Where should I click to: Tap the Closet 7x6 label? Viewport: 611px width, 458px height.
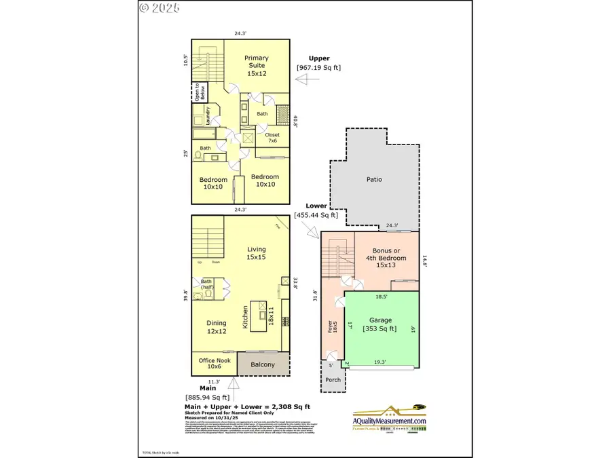click(x=272, y=138)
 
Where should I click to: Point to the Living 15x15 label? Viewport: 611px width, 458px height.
click(x=256, y=253)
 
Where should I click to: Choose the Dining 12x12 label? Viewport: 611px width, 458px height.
click(x=216, y=328)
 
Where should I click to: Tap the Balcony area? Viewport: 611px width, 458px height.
click(x=263, y=364)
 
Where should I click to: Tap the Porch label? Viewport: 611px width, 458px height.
click(x=332, y=380)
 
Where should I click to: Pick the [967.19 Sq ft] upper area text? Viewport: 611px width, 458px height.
click(x=318, y=67)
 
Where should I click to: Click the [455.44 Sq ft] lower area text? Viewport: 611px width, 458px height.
click(x=316, y=215)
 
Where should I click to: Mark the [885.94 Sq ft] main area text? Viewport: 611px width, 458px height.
click(x=207, y=397)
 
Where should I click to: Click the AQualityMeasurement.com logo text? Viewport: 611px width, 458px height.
click(x=390, y=421)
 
